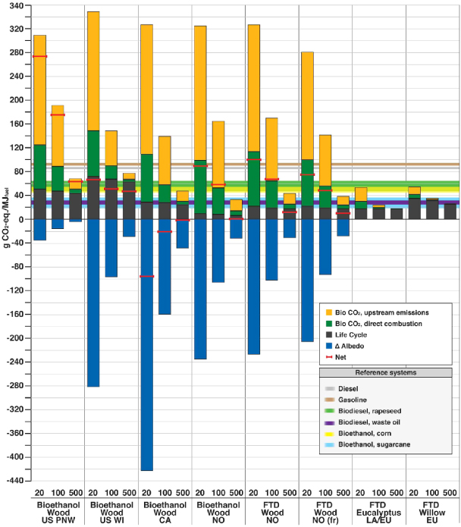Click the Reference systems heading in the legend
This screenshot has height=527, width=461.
387,372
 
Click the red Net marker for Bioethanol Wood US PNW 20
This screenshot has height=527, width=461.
39,57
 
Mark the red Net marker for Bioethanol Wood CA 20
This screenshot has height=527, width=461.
147,277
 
